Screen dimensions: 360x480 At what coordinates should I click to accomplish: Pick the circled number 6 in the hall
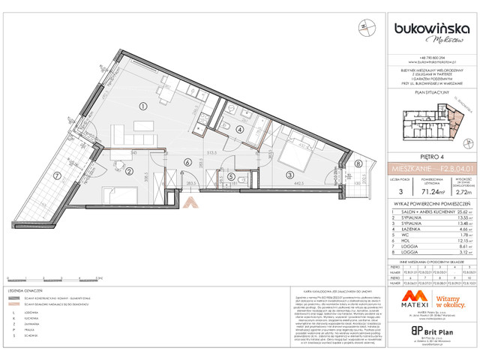(186, 161)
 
